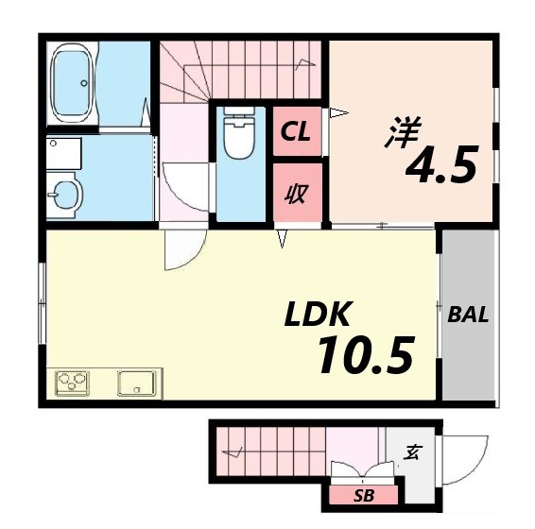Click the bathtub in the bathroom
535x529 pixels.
click(x=72, y=83)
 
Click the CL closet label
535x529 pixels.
click(x=296, y=133)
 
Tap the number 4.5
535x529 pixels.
click(x=440, y=166)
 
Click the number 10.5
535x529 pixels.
click(x=365, y=355)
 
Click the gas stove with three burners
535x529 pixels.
click(x=73, y=384)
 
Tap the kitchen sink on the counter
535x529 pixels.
click(x=136, y=384)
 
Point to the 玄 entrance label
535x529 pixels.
click(x=413, y=452)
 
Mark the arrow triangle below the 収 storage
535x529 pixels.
click(x=282, y=240)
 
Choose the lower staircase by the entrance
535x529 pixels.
click(x=269, y=452)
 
